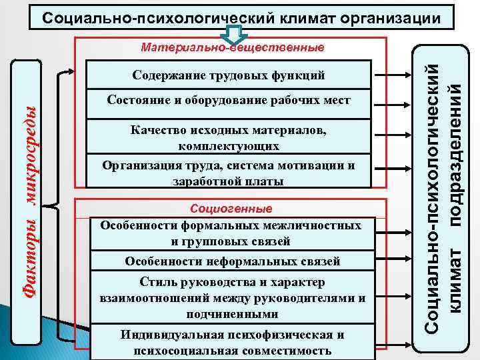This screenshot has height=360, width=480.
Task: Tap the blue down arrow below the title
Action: (x=234, y=35)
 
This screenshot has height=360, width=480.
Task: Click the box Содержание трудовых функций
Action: (x=229, y=74)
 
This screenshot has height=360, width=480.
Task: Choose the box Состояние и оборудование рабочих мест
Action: (x=229, y=100)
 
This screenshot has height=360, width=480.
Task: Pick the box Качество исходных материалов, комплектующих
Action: (x=229, y=138)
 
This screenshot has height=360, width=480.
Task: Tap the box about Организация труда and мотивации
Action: (x=229, y=173)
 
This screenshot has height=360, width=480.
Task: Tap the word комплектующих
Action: (x=229, y=146)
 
